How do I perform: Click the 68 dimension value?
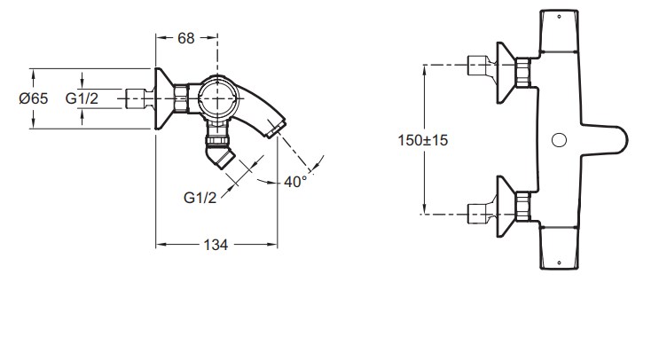click(x=185, y=38)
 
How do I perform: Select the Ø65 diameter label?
click(x=34, y=98)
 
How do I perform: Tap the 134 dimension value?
click(x=216, y=245)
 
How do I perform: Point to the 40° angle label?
click(x=295, y=182)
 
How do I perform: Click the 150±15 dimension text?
click(x=423, y=140)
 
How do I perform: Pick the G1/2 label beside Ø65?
click(x=82, y=98)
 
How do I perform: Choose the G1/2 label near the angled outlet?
click(x=200, y=198)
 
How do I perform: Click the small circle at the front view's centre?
click(x=560, y=140)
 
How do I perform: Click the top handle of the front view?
click(x=559, y=31)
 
